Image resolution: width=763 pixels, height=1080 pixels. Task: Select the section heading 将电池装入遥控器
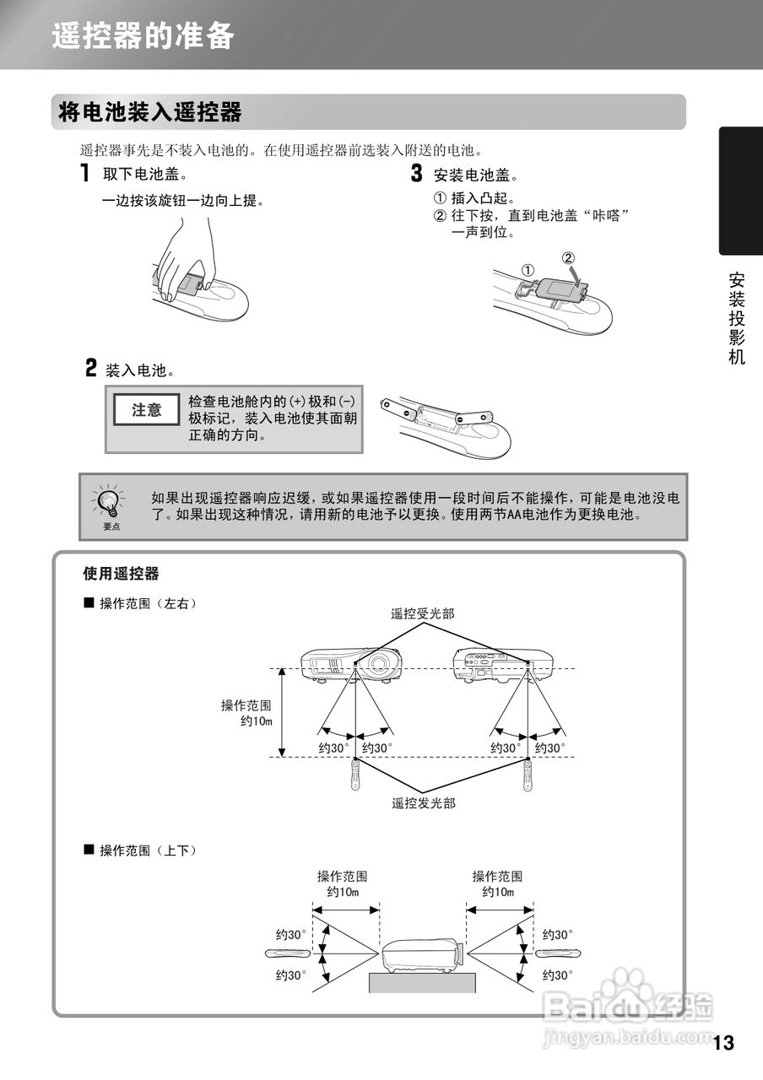point(149,112)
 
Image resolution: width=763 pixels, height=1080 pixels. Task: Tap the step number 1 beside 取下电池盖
point(85,175)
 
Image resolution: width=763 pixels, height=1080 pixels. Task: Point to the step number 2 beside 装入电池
point(90,368)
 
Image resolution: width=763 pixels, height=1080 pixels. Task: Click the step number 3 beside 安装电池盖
point(416,175)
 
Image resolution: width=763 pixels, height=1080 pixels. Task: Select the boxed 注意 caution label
point(146,410)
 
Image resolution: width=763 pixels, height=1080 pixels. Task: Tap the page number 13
point(723,1043)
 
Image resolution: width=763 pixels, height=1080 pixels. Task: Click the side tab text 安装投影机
point(737,318)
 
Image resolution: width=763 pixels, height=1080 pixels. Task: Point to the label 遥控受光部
point(422,613)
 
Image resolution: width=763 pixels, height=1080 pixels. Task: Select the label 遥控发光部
point(423,803)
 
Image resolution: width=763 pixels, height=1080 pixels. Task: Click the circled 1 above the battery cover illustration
point(528,270)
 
